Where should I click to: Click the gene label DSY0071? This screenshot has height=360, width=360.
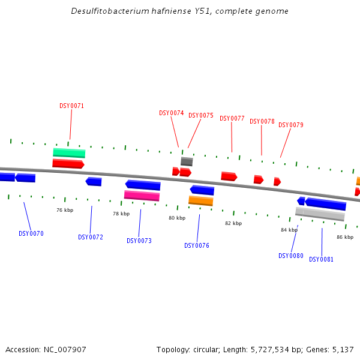[71, 106]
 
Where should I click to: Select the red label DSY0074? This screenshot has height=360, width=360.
[171, 113]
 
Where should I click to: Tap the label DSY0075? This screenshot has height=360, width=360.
[201, 116]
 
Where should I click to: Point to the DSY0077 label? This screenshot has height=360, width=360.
[232, 119]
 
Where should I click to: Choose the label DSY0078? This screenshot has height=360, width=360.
[262, 122]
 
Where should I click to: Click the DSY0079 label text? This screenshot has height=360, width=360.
[291, 125]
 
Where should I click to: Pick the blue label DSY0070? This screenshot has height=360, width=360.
[31, 234]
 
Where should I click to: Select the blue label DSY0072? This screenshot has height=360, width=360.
[91, 238]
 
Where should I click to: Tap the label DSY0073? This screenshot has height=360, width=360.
[139, 241]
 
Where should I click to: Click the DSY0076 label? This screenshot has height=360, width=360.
[197, 246]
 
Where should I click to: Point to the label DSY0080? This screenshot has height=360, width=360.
[291, 256]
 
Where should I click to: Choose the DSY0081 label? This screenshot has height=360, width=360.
[322, 260]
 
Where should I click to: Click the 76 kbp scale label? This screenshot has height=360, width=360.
[65, 211]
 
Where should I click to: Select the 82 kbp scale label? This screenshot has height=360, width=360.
[233, 224]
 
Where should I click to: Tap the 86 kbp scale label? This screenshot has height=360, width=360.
[345, 238]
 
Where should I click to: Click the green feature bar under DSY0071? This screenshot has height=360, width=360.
[69, 153]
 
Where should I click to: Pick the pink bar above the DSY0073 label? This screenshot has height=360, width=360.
[142, 196]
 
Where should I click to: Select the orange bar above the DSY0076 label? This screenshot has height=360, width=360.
[201, 200]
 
